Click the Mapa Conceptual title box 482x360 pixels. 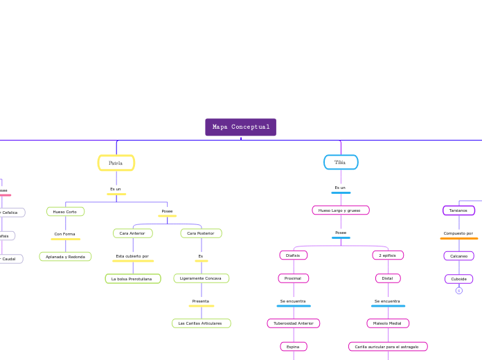(240, 127)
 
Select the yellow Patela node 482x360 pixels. (116, 163)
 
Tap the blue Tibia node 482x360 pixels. (341, 163)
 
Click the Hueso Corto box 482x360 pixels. (65, 212)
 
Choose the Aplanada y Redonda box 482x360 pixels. (65, 257)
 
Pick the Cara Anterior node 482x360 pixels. (132, 234)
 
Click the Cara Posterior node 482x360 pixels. (201, 234)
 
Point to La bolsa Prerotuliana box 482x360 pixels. (132, 279)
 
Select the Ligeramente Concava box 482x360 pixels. (201, 278)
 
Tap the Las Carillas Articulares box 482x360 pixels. (201, 323)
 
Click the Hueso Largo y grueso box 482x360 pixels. (340, 210)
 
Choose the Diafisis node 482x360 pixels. (293, 255)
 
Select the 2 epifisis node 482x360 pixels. (387, 255)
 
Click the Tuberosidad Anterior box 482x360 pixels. (293, 323)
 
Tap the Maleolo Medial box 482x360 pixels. (387, 323)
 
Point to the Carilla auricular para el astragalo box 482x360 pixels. (387, 346)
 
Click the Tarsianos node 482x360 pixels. (458, 210)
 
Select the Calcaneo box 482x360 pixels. (458, 256)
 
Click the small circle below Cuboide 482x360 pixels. (458, 291)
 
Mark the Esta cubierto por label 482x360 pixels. (132, 256)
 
